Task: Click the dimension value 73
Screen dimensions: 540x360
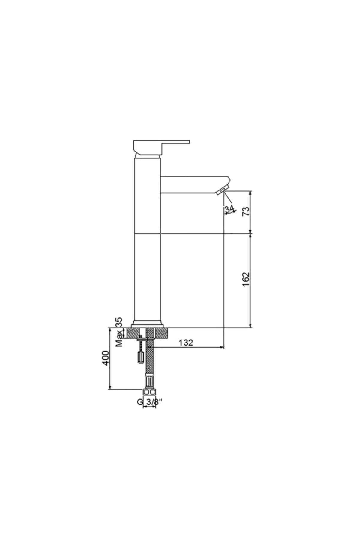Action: [246, 211]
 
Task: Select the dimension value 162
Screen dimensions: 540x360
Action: [246, 279]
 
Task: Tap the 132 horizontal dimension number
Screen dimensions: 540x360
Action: [186, 343]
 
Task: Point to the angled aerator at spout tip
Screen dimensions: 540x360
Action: [222, 190]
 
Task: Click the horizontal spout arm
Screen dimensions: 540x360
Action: [192, 184]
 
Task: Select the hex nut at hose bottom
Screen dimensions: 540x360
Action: [149, 392]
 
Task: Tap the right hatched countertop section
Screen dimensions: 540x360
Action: [162, 333]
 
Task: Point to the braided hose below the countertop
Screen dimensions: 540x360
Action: [149, 360]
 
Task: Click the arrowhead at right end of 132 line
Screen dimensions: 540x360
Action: [222, 347]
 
